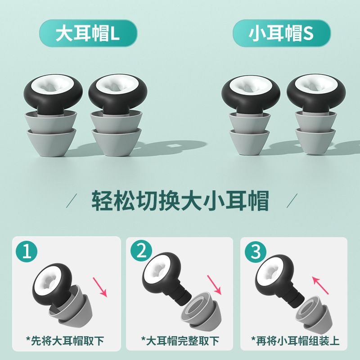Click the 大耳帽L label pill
point(87,34)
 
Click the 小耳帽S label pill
point(282,34)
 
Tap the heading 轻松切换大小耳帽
point(180,202)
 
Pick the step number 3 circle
point(256,251)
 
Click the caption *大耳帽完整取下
point(180,338)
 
